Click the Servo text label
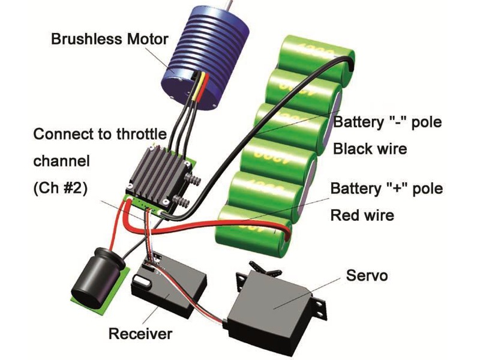point(367,277)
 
